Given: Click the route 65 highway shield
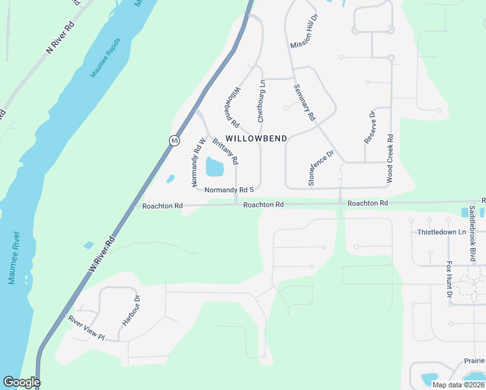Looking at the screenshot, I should click(x=174, y=140).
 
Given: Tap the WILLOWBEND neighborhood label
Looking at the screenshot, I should click(x=256, y=138).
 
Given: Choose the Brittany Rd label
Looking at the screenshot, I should click(x=226, y=149).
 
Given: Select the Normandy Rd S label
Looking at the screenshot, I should click(x=228, y=190).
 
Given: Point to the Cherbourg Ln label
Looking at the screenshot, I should click(x=261, y=101).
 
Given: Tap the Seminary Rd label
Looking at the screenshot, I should click(x=304, y=103).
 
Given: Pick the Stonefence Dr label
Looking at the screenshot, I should click(x=320, y=168).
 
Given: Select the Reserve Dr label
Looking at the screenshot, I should click(x=371, y=127).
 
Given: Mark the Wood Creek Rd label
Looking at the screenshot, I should click(x=389, y=157).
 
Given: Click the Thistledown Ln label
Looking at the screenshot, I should click(x=442, y=232).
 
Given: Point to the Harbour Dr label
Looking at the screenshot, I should click(x=130, y=311).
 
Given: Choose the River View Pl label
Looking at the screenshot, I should click(x=86, y=327).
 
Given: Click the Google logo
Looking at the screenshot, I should click(x=21, y=382).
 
